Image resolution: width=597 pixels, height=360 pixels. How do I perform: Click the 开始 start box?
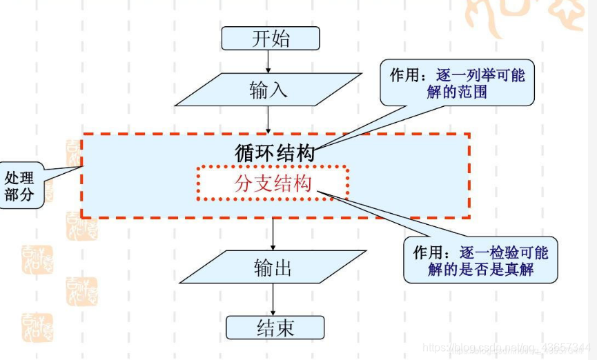(271, 39)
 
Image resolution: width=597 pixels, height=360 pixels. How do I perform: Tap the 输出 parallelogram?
(273, 267)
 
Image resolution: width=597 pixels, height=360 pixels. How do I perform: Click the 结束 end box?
(275, 328)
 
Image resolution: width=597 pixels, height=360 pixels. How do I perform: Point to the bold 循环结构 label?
(275, 153)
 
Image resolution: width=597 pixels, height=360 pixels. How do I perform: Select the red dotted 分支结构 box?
(273, 183)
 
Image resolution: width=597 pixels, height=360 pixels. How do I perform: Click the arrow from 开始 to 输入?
(268, 61)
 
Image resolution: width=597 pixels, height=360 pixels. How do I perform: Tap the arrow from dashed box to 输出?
(274, 234)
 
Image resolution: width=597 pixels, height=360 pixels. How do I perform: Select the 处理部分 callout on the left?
(21, 185)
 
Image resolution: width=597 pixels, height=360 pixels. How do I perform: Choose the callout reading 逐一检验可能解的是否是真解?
(480, 260)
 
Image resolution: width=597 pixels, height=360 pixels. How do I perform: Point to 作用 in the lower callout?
(428, 252)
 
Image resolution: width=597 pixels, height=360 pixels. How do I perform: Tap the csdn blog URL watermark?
(507, 348)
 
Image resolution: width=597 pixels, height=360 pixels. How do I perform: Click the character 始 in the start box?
(281, 39)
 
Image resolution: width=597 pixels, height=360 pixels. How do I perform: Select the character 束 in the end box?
(286, 328)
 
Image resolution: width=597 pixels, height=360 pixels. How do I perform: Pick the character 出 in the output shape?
(284, 267)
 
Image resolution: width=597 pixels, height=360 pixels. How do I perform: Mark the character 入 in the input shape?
(278, 90)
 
